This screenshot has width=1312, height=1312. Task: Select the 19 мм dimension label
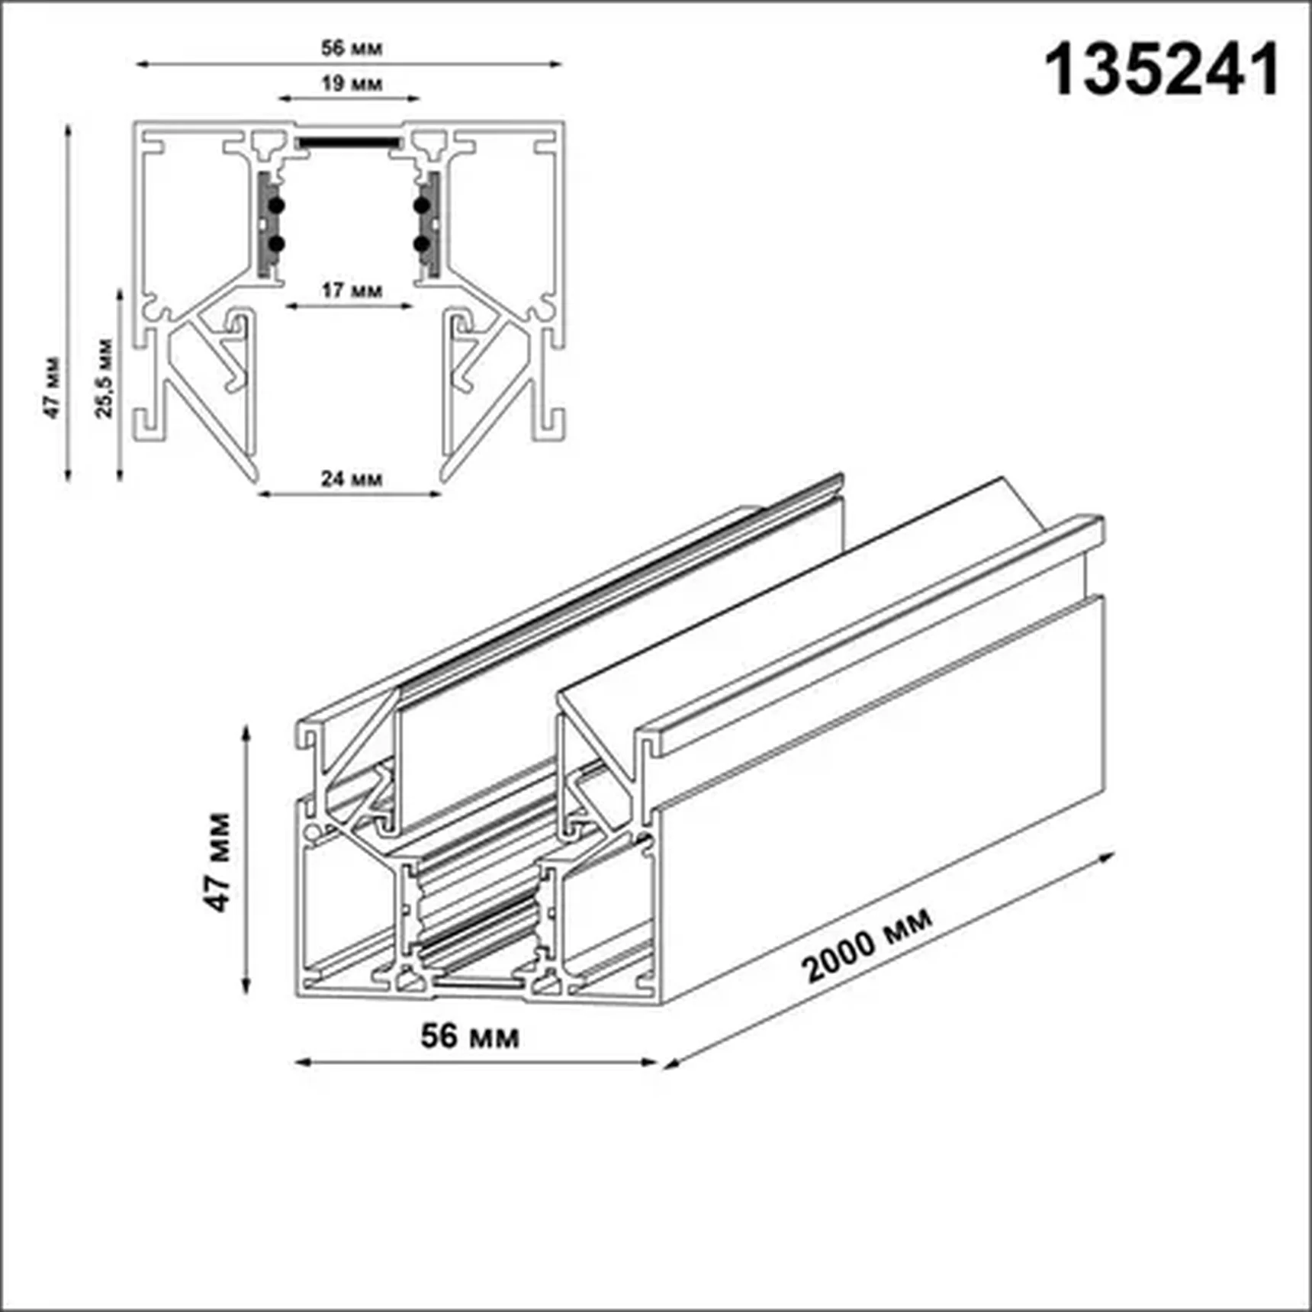click(351, 83)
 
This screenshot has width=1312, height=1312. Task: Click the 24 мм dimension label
click(351, 479)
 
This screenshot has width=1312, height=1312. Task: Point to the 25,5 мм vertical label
click(104, 378)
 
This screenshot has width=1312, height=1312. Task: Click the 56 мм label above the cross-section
click(351, 48)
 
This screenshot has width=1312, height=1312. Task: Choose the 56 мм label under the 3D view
click(470, 1036)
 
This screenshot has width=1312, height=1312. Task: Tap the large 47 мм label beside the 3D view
click(217, 862)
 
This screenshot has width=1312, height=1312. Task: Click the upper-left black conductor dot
click(276, 205)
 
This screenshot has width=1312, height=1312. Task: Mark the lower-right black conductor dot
click(421, 244)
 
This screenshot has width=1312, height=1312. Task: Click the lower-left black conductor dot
click(276, 244)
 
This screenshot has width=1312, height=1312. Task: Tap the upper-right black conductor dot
click(421, 205)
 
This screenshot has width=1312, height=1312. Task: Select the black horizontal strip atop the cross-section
click(349, 143)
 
